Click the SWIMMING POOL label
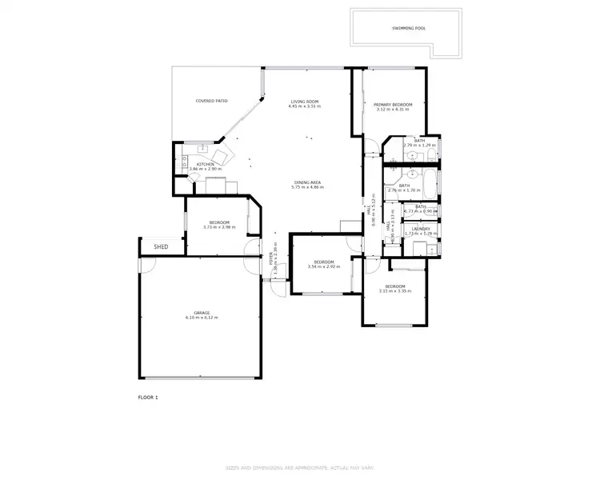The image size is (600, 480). pyautogui.click(x=409, y=28)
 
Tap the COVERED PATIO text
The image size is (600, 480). pyautogui.click(x=212, y=102)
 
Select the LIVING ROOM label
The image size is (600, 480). pyautogui.click(x=305, y=102)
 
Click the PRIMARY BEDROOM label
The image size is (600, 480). pyautogui.click(x=394, y=105)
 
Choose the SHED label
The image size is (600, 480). pyautogui.click(x=161, y=247)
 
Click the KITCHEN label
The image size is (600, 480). pyautogui.click(x=206, y=164)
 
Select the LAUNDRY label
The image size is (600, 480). pyautogui.click(x=421, y=229)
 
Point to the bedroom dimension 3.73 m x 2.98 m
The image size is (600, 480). pyautogui.click(x=219, y=227)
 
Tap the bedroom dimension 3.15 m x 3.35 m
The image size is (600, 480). pyautogui.click(x=395, y=291)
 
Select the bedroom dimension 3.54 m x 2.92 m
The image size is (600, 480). pyautogui.click(x=323, y=267)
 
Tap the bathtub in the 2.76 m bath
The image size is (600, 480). pyautogui.click(x=430, y=186)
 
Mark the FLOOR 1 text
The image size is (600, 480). pyautogui.click(x=148, y=397)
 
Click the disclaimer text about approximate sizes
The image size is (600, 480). pyautogui.click(x=300, y=467)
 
